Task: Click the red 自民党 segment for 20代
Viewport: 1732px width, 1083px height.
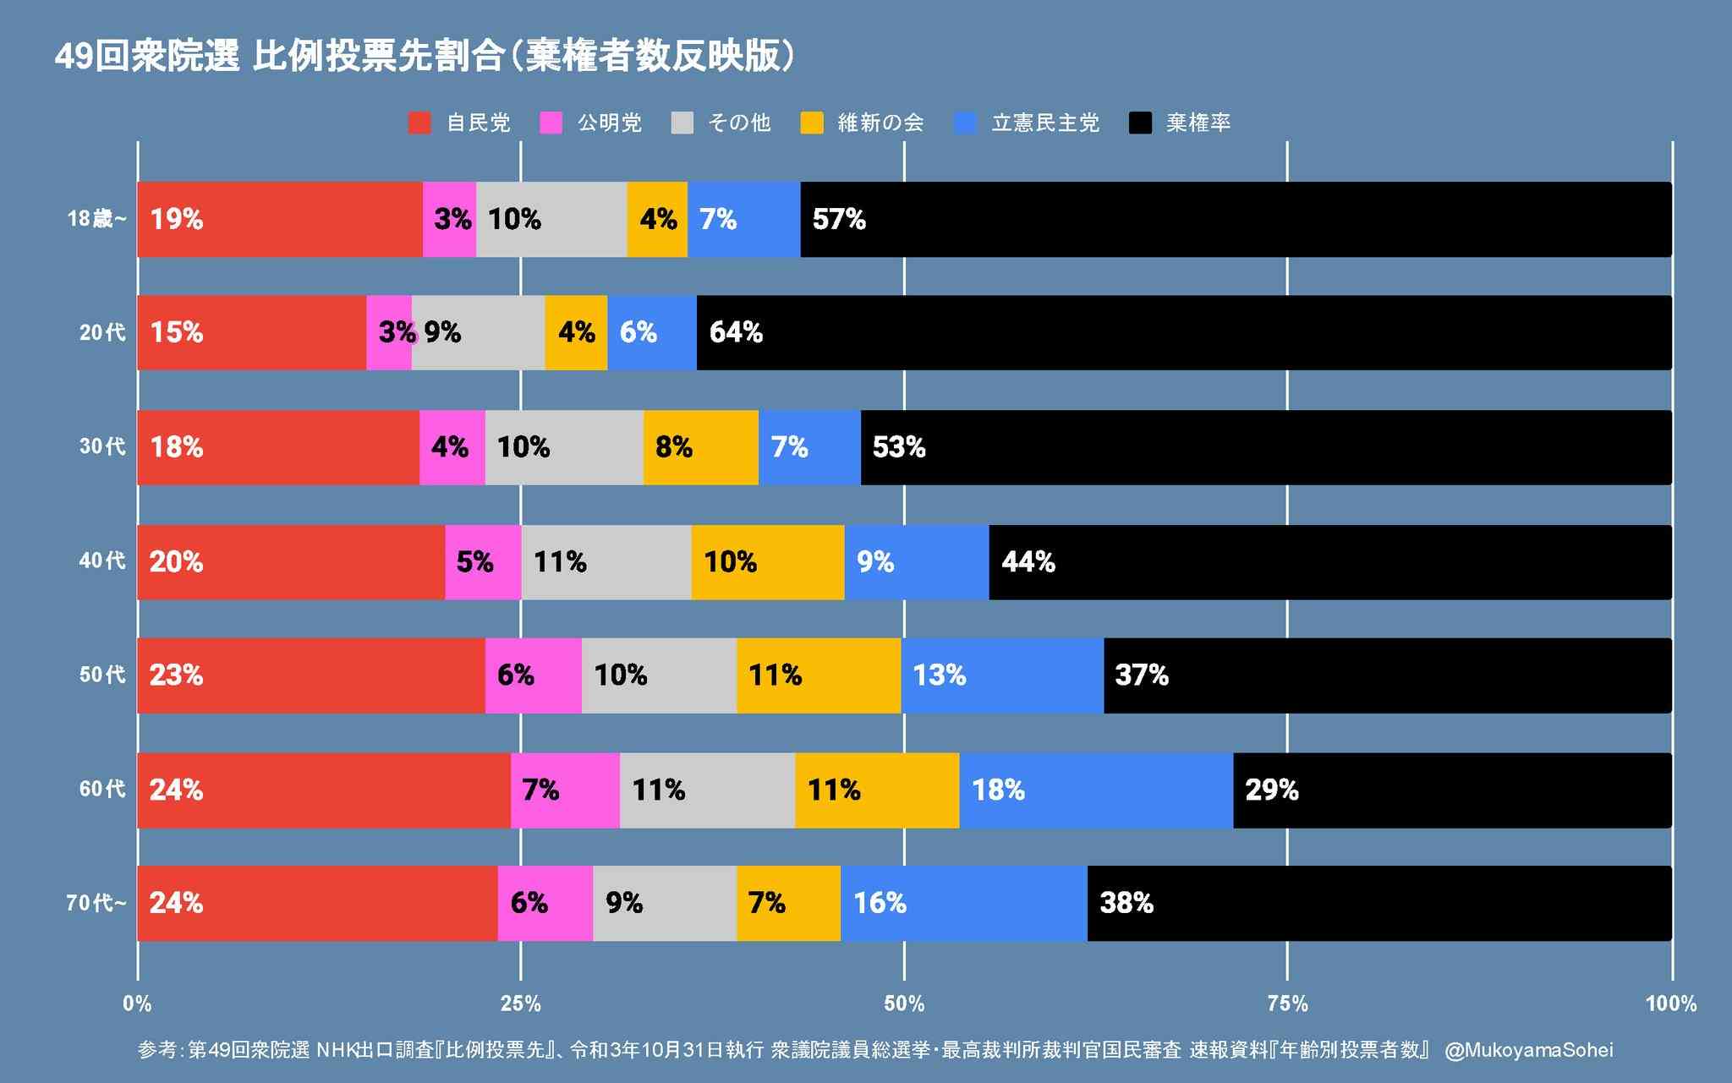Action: (x=251, y=332)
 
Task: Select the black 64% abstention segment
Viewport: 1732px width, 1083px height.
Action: (x=1184, y=332)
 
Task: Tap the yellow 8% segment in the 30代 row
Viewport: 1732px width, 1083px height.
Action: (x=700, y=447)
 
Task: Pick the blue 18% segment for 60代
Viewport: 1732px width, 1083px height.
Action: (x=1096, y=790)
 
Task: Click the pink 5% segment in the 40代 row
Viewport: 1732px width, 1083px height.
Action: (x=482, y=562)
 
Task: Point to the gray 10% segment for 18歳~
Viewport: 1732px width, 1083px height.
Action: (x=551, y=220)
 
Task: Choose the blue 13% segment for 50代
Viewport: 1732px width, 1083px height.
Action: (x=1002, y=676)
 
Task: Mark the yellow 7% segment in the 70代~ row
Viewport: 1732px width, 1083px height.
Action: (x=788, y=903)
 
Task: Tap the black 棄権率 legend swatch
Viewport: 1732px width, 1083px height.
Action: (x=1140, y=123)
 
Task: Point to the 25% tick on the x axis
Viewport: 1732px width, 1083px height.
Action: (x=520, y=1004)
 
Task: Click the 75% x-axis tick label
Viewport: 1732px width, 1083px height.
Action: (x=1287, y=1004)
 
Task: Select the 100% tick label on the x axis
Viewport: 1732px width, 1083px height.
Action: (x=1670, y=1004)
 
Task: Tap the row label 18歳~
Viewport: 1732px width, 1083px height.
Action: (x=96, y=220)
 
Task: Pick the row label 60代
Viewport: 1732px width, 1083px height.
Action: (x=102, y=790)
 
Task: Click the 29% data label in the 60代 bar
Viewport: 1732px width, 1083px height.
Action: (x=1271, y=790)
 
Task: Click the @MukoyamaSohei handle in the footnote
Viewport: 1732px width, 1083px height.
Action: (x=1528, y=1050)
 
